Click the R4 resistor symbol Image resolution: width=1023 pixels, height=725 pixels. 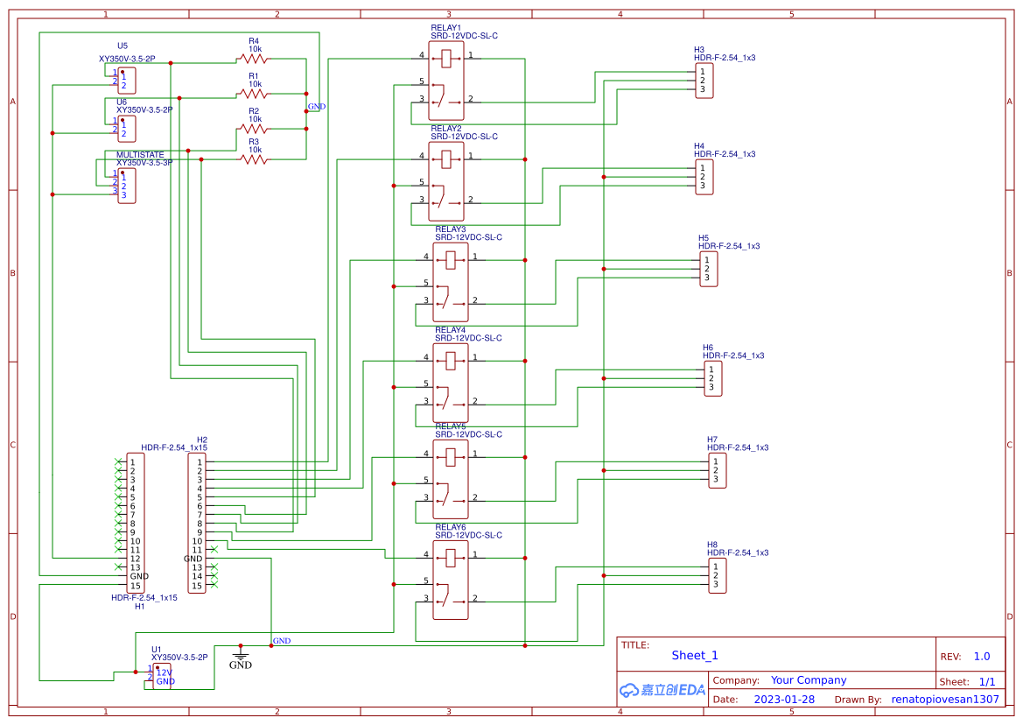(x=254, y=59)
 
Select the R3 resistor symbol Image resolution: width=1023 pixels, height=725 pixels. (x=254, y=159)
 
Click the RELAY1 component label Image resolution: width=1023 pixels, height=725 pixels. (x=446, y=28)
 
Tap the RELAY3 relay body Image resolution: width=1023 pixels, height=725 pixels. (x=451, y=283)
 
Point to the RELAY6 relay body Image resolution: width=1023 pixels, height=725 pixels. (x=451, y=581)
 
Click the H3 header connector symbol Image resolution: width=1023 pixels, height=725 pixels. (x=704, y=81)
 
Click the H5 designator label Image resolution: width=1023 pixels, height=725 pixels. (x=704, y=238)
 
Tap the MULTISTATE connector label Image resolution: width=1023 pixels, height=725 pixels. (x=140, y=155)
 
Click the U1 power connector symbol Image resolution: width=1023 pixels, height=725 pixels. (x=162, y=676)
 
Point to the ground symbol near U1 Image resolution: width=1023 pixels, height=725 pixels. (x=241, y=653)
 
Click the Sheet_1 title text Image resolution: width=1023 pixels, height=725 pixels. (x=695, y=655)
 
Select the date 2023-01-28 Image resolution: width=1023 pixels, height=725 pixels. (x=784, y=700)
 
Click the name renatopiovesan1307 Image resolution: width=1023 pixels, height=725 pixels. (x=944, y=700)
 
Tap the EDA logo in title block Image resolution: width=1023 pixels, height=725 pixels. (x=662, y=690)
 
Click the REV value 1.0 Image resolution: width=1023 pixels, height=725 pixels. (x=981, y=656)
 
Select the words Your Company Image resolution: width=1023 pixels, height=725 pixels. (x=809, y=680)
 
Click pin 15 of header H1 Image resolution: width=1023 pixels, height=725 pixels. (x=135, y=586)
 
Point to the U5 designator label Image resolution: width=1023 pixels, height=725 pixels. (x=123, y=46)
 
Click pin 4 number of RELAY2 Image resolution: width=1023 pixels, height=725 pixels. (x=422, y=156)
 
